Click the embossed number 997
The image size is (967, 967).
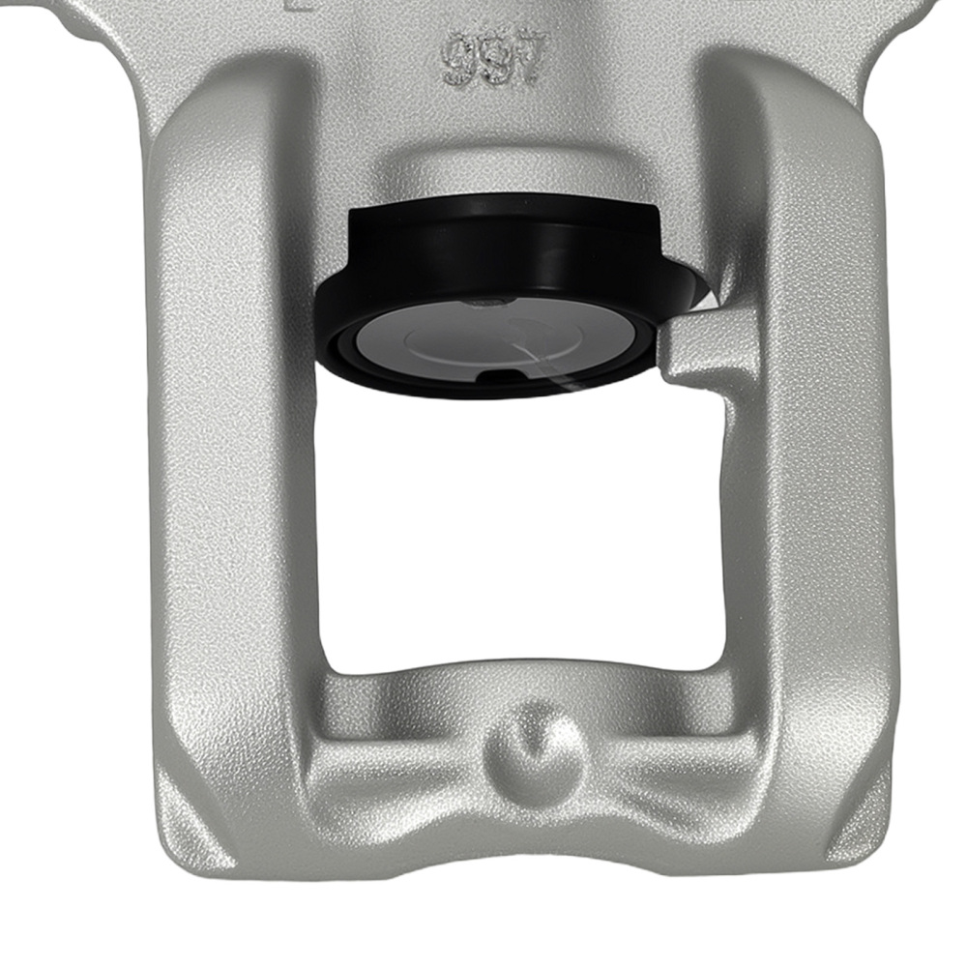click(x=494, y=59)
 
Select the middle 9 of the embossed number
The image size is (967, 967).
click(x=494, y=60)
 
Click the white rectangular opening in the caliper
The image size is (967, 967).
click(x=522, y=532)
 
